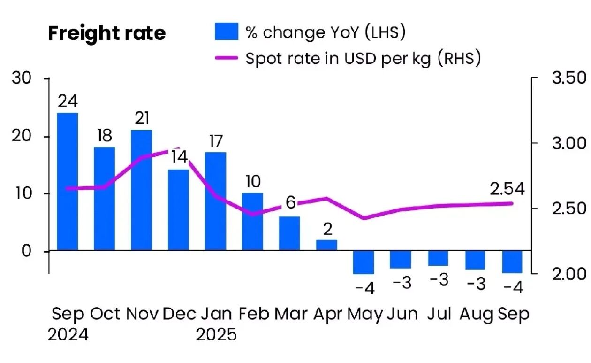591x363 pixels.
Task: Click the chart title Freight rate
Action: pos(107,33)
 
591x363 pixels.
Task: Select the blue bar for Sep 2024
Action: pos(68,181)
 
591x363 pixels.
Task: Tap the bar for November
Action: pos(142,190)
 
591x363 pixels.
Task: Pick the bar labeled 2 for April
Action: pos(326,245)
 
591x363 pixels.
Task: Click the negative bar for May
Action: pos(364,263)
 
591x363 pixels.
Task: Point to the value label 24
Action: pos(68,101)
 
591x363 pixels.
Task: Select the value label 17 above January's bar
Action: pos(216,141)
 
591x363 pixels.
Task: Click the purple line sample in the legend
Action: pos(227,58)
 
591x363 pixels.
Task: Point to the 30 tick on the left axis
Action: pos(22,78)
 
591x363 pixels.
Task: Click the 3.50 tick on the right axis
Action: pos(568,77)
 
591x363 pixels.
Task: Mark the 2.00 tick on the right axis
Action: pos(568,273)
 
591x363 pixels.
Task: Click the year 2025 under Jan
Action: pos(216,335)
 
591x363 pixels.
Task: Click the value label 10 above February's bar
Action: pos(252,182)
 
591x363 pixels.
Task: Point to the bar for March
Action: pos(290,233)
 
